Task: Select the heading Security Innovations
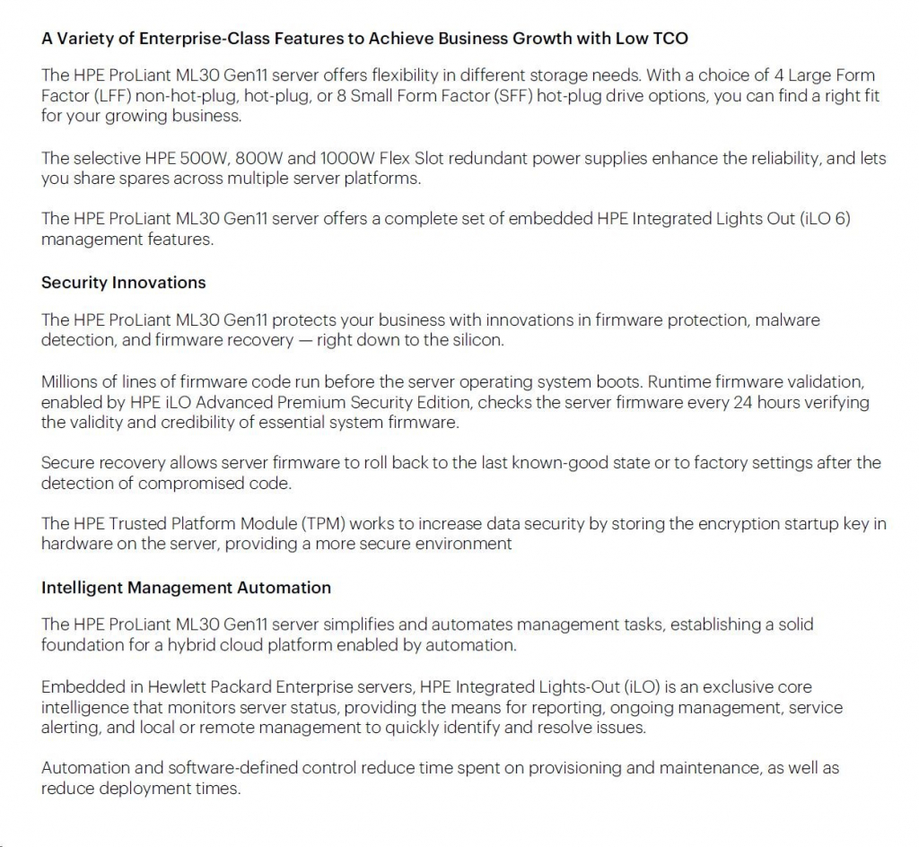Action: pos(123,283)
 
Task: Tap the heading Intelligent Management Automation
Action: pos(186,588)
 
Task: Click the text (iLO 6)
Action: pos(823,219)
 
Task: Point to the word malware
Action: pos(789,320)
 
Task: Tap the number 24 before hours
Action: pos(742,402)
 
